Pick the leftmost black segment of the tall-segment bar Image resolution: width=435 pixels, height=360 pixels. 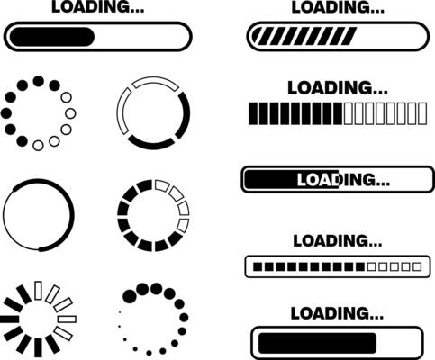pos(252,113)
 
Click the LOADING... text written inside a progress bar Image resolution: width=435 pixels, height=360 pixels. pos(343,180)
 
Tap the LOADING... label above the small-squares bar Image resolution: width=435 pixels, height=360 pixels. pos(337,240)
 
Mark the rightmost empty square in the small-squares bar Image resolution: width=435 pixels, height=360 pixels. pos(415,267)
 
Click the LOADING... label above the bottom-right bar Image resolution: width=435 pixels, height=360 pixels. pos(337,313)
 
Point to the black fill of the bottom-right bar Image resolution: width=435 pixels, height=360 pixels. pos(316,342)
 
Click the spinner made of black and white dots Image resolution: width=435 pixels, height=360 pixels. pos(38,112)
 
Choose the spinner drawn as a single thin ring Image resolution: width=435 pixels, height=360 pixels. pos(38,215)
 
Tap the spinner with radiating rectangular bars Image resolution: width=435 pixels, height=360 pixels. pos(39,319)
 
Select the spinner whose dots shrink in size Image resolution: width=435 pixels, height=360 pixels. pos(153,319)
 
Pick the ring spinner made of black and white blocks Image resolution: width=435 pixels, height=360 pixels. pos(153,215)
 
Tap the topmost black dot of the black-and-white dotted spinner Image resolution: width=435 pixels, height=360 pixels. pos(38,81)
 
